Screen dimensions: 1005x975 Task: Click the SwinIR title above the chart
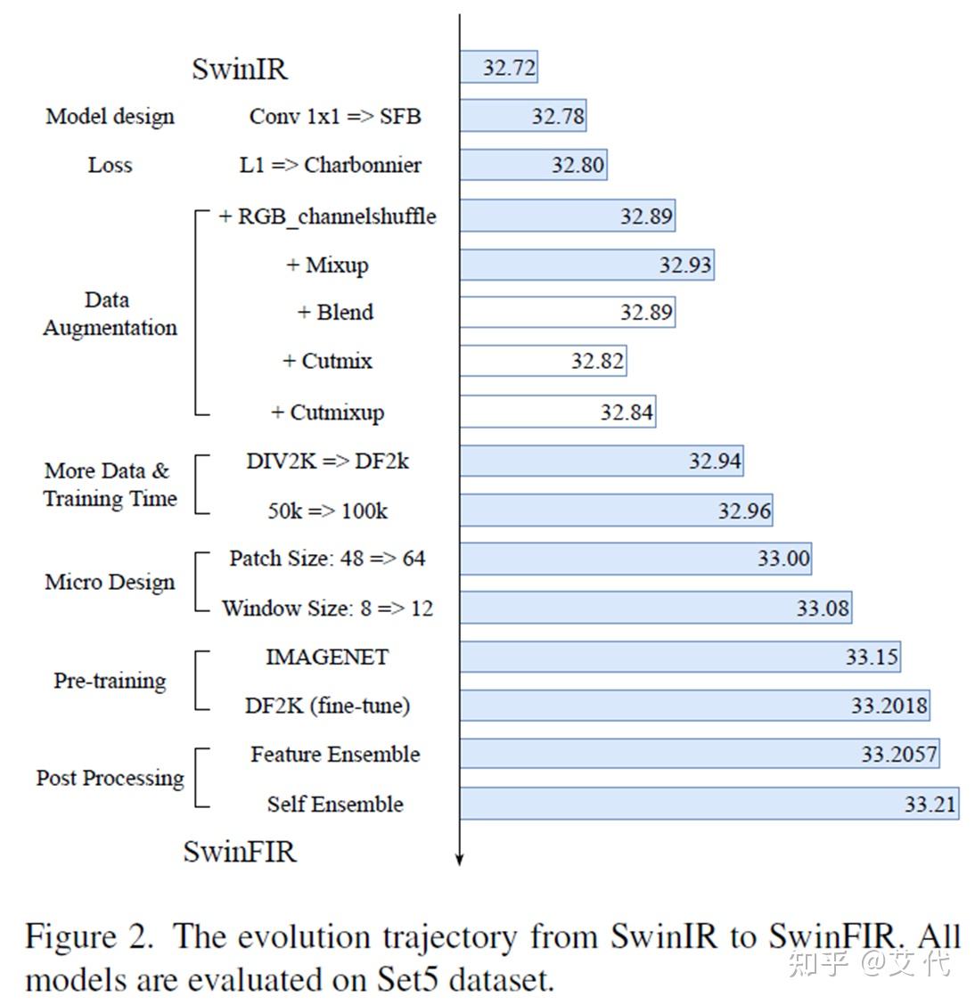240,69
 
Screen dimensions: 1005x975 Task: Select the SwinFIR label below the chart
240,852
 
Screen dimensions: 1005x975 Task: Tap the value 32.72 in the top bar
509,68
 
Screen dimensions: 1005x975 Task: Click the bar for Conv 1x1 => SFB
522,116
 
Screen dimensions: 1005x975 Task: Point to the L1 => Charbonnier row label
330,165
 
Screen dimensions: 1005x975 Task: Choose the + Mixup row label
327,265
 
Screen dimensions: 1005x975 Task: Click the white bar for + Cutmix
542,361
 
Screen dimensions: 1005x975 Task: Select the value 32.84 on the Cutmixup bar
627,413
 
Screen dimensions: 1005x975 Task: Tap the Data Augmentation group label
110,314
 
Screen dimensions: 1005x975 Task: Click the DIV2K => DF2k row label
327,462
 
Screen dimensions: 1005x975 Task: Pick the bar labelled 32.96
616,511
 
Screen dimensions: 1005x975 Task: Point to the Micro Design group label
110,583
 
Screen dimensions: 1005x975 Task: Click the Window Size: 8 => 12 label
327,609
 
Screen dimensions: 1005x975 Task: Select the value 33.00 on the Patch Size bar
783,559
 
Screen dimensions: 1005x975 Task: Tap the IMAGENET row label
327,658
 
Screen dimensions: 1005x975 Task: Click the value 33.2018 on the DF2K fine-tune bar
889,706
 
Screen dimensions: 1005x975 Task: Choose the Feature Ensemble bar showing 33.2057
700,754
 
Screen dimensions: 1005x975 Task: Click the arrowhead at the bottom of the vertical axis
460,859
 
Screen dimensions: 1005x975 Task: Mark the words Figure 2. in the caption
89,937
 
